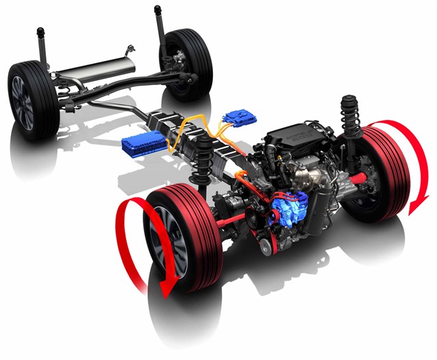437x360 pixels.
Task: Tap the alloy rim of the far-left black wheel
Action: pos(24,103)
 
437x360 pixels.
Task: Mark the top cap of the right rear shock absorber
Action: pos(160,11)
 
